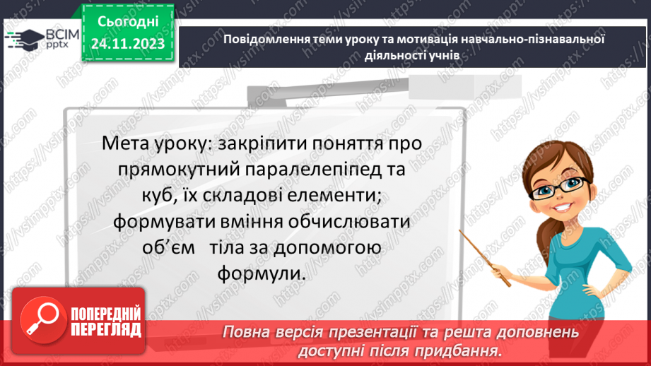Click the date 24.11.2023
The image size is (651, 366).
click(128, 44)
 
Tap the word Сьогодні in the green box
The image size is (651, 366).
click(128, 22)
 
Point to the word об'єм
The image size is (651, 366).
click(168, 248)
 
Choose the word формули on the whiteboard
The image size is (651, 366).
click(261, 274)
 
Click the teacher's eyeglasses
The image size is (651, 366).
click(560, 189)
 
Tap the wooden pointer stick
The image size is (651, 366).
click(485, 258)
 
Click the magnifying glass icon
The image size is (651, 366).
click(43, 320)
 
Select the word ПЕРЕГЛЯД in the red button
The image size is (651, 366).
click(106, 330)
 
